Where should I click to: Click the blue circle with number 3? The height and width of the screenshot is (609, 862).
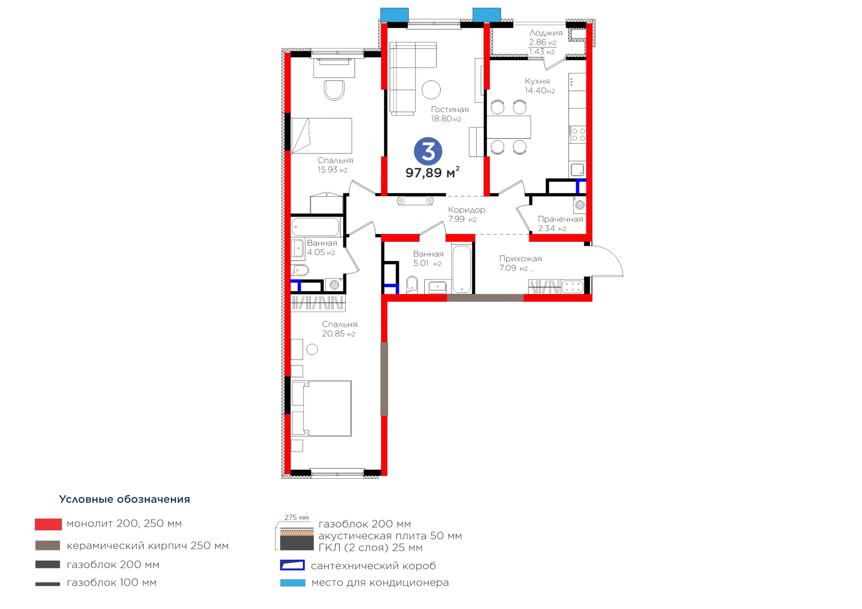click(428, 151)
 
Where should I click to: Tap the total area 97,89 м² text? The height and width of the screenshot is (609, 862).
click(432, 172)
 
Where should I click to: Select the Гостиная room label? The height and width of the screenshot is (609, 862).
click(450, 110)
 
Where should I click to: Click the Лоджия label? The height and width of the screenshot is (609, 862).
click(546, 33)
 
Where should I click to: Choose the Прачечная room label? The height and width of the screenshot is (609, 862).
click(561, 219)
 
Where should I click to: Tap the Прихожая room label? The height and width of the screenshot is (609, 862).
click(521, 258)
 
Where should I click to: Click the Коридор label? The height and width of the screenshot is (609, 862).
click(467, 210)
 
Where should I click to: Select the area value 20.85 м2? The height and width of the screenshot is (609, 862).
click(339, 333)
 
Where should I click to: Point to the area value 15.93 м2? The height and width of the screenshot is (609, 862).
click(333, 170)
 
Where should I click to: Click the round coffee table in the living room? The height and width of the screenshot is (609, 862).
click(431, 90)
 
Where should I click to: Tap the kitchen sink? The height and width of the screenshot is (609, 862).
click(577, 170)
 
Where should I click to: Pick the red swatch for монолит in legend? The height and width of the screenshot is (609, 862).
click(48, 524)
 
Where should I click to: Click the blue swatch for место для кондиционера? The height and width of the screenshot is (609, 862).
click(293, 583)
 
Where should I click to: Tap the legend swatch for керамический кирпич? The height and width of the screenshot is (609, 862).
click(48, 545)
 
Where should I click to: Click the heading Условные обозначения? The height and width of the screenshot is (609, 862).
click(125, 499)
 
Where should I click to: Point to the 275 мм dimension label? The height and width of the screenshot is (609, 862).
click(297, 517)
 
